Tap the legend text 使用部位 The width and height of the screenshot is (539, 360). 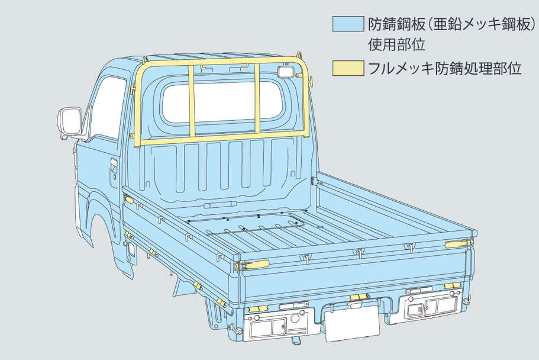tap(393, 45)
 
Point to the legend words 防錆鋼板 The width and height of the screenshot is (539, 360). tap(391, 25)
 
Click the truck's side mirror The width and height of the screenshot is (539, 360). tap(70, 121)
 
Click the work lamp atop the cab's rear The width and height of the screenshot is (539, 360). tap(285, 71)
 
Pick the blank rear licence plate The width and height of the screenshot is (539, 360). tap(353, 322)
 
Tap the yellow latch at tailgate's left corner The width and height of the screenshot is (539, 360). tap(253, 265)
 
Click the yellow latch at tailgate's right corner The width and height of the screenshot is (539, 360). tap(457, 244)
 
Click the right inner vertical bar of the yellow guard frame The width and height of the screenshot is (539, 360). tap(257, 98)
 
